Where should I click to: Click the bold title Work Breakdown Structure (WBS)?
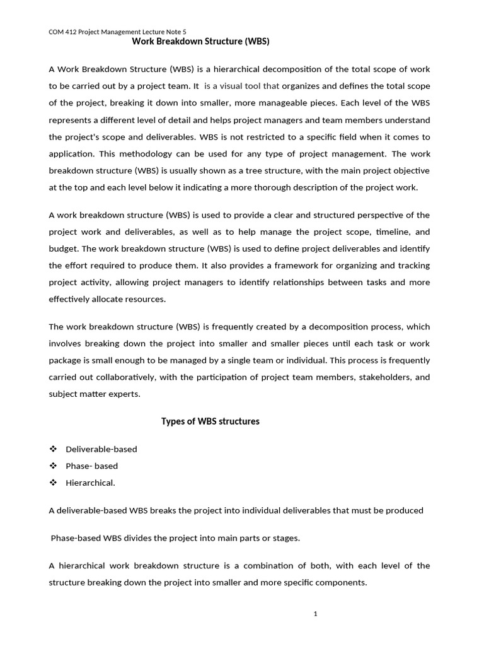coord(200,42)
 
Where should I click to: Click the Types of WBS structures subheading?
coord(210,421)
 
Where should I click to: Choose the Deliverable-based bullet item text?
coord(101,449)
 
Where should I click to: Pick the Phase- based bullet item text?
coord(91,466)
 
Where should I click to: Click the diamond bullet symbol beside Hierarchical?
coord(53,483)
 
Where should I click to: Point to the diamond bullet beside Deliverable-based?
coord(53,449)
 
